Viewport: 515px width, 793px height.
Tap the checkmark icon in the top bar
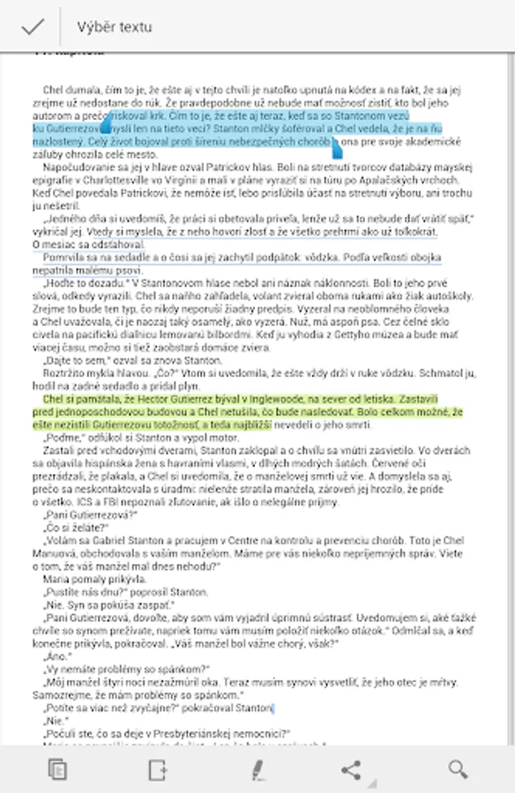point(33,26)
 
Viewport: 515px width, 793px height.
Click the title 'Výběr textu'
point(114,27)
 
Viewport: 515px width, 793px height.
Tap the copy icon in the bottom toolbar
point(57,769)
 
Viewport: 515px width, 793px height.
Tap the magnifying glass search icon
point(457,769)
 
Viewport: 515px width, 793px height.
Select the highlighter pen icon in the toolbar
point(257,769)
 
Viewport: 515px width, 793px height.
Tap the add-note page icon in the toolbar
point(158,769)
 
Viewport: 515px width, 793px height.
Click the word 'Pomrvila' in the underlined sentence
point(66,257)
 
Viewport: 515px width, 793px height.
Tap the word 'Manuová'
point(53,578)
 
